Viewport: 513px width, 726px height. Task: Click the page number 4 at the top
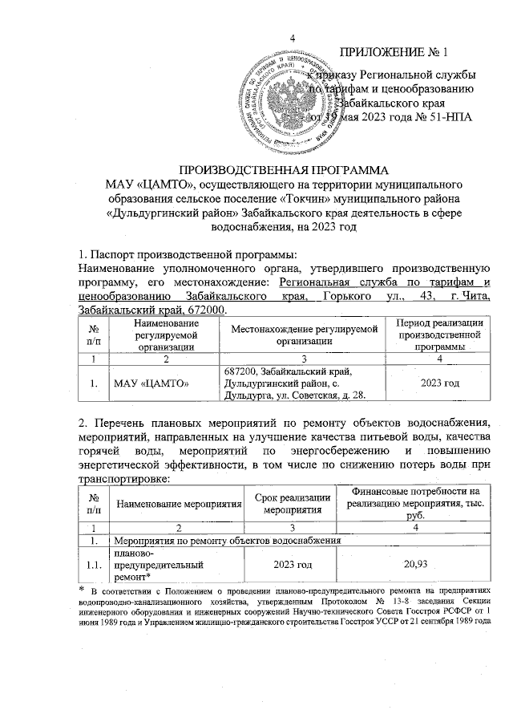pos(292,39)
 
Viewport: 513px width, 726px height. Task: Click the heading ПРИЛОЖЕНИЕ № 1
pos(394,53)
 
